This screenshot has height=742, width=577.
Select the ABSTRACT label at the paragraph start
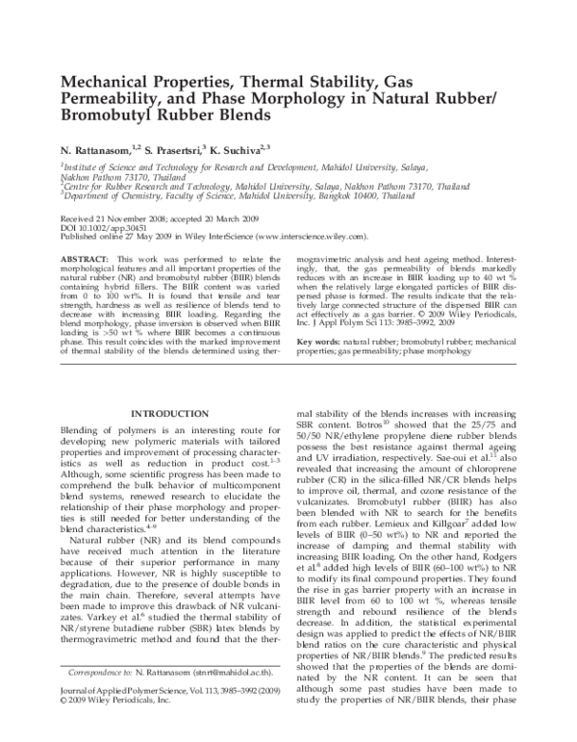click(x=85, y=260)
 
